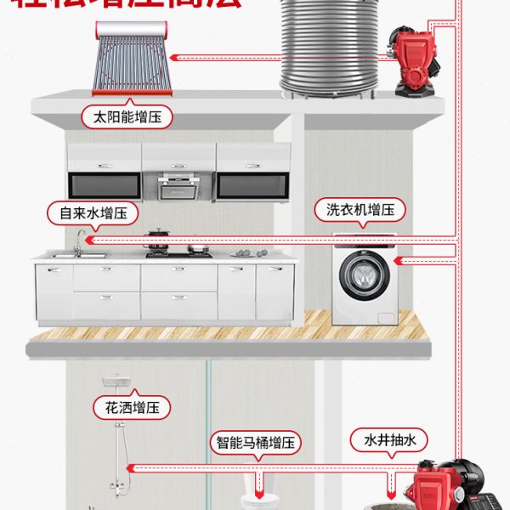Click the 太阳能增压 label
(x=127, y=116)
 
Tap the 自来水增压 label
(x=92, y=212)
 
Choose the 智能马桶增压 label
(x=258, y=443)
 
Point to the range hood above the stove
(x=178, y=184)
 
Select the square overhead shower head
(x=111, y=381)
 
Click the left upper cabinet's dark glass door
(x=104, y=185)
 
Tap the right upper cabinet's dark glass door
(x=252, y=185)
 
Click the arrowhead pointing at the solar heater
(x=173, y=58)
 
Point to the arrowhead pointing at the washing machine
(x=399, y=263)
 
